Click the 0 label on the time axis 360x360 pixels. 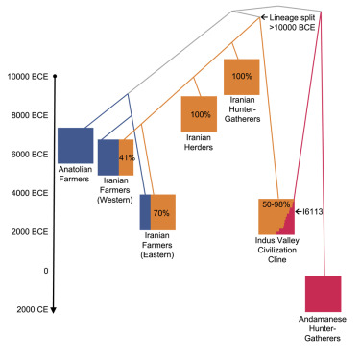click(46, 271)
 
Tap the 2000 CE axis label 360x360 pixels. click(30, 310)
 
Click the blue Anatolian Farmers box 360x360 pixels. click(75, 145)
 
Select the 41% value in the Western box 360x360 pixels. click(126, 156)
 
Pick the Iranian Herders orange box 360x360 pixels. click(201, 114)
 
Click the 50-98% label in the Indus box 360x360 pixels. click(276, 204)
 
